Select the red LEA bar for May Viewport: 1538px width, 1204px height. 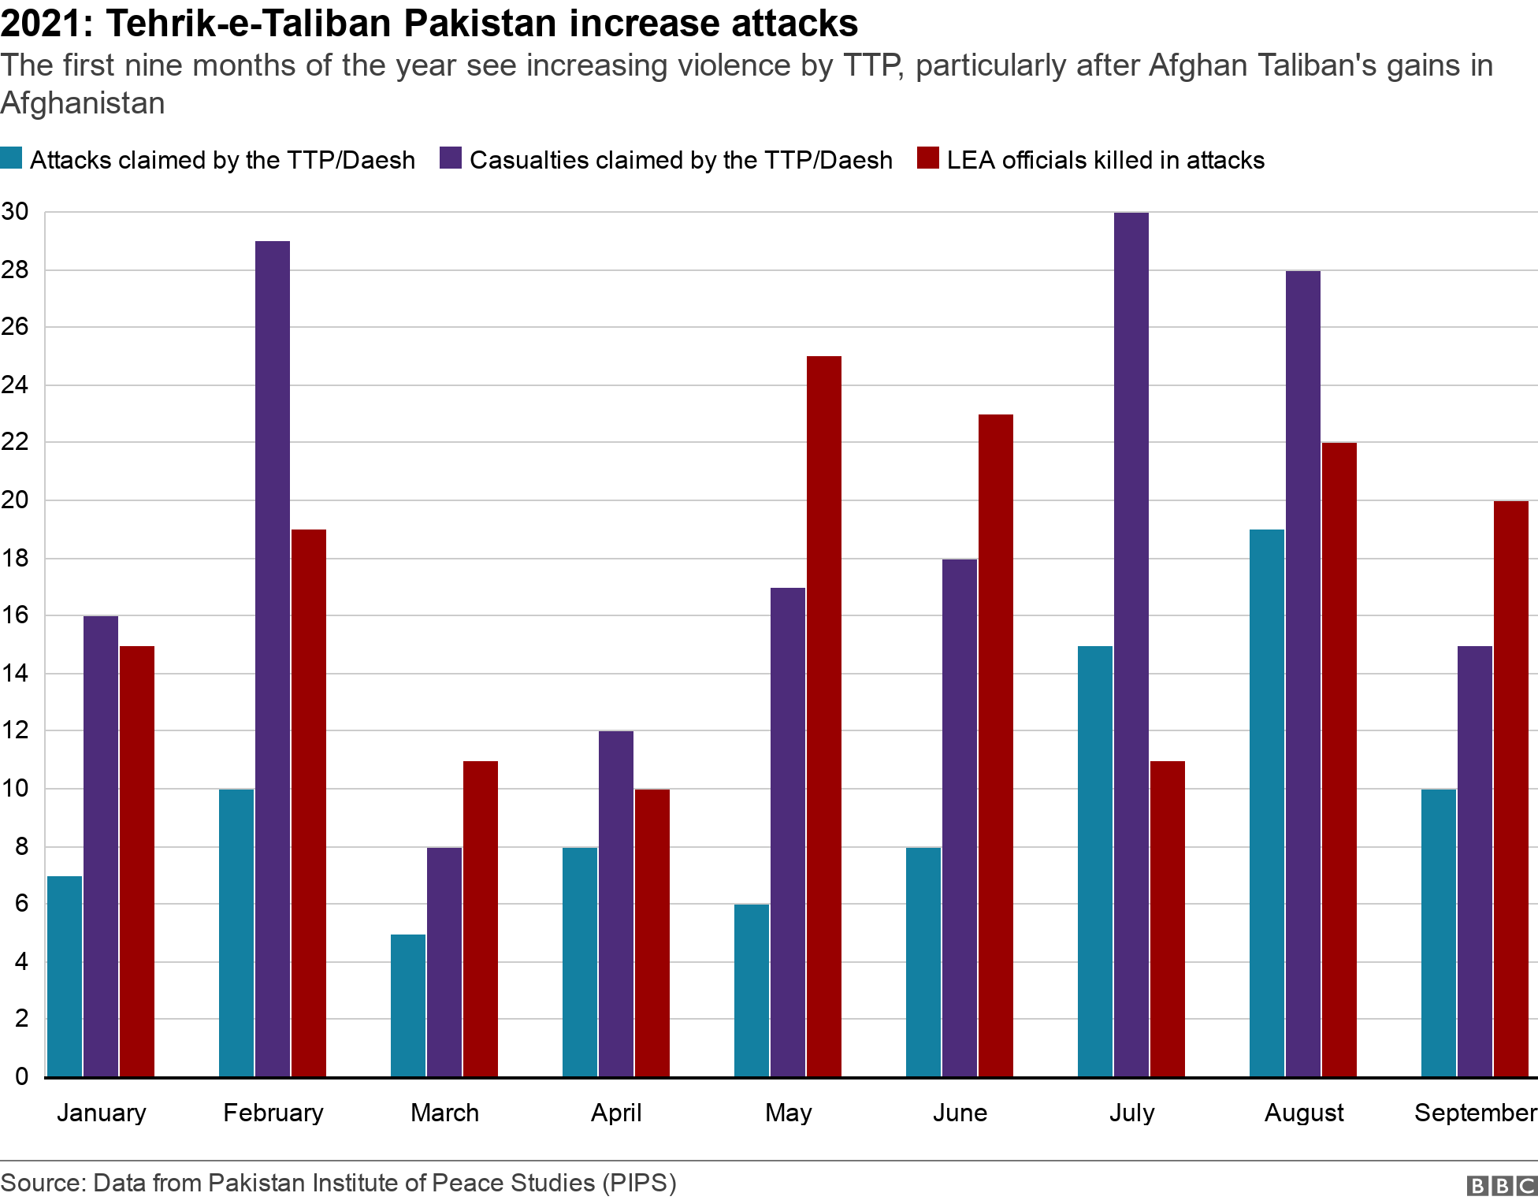coord(823,716)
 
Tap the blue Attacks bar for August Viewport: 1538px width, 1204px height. coord(1266,803)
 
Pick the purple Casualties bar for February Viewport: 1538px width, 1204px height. coord(272,659)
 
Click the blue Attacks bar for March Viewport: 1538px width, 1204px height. coord(407,1005)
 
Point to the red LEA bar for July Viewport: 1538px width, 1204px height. coord(1167,918)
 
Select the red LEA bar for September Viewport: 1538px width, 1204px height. coord(1510,789)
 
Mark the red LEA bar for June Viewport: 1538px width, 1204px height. coord(995,745)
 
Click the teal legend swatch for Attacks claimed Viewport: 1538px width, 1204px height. coord(12,158)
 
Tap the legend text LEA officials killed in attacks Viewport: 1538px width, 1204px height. coord(1105,160)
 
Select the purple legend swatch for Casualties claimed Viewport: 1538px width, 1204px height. coord(451,158)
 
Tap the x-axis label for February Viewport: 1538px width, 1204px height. coord(273,1113)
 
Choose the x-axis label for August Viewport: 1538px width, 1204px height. coord(1304,1113)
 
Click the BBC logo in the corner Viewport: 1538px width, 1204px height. coord(1501,1186)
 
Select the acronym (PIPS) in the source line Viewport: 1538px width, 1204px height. coord(639,1183)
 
